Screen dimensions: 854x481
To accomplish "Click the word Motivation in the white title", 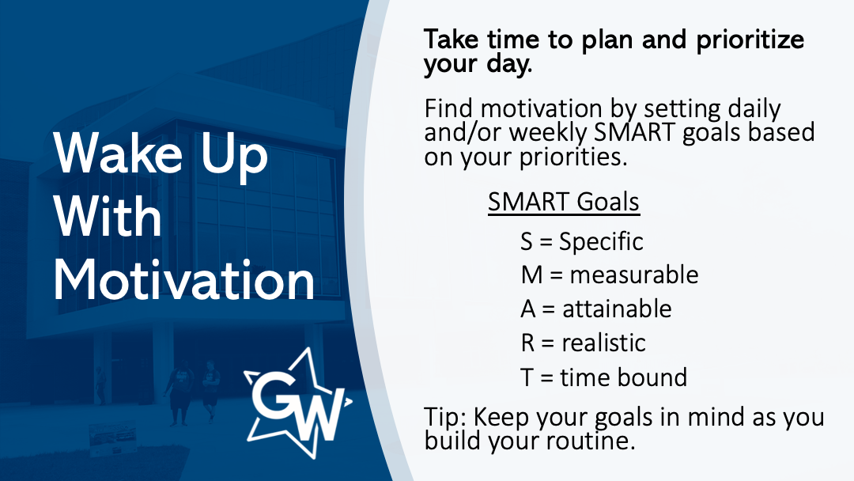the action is [x=184, y=280].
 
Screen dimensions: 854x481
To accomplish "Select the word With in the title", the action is [x=108, y=216].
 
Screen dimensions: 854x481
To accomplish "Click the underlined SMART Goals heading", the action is [x=564, y=202].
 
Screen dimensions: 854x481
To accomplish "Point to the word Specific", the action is [x=601, y=241].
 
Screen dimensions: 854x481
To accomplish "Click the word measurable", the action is [x=634, y=275].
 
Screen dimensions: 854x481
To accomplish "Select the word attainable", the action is [x=617, y=309].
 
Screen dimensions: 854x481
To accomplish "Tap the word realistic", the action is [x=603, y=343].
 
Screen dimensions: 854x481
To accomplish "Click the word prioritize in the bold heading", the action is [x=750, y=40].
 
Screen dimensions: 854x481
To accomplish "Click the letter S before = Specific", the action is [x=526, y=241].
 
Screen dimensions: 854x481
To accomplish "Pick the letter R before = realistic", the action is [x=527, y=343].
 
